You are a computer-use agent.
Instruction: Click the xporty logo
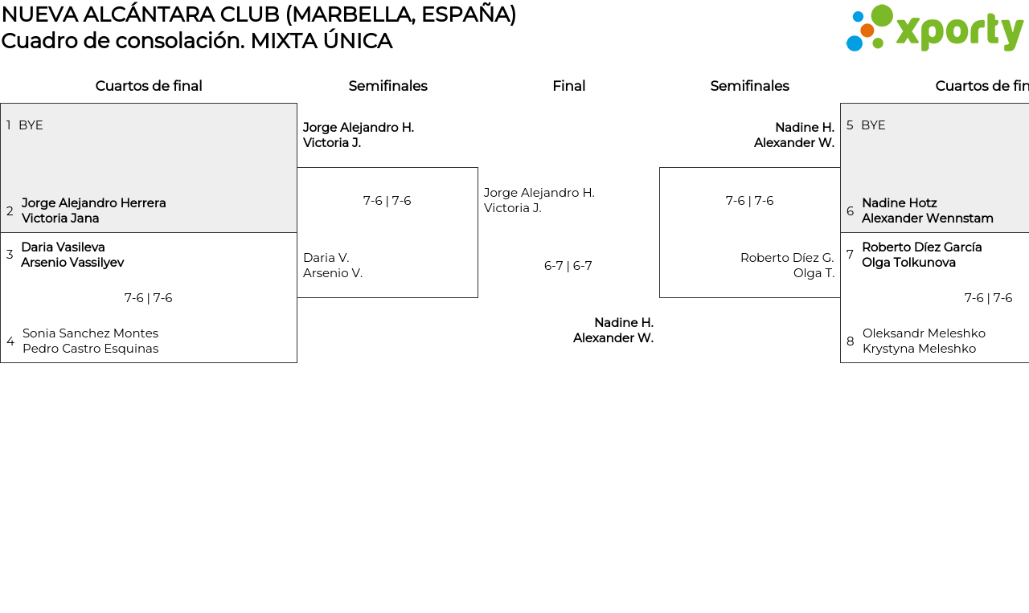[934, 28]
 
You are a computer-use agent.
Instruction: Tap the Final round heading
[568, 86]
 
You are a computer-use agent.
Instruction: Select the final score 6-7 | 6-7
[568, 266]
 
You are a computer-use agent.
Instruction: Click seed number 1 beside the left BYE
[8, 125]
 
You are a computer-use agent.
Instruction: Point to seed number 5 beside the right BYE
[850, 125]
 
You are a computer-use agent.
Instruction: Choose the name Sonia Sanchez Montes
[90, 333]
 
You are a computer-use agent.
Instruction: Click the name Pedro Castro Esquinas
[90, 349]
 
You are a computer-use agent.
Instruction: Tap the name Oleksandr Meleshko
[924, 333]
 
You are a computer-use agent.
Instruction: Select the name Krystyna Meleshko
[919, 349]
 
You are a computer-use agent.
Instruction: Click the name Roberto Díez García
[921, 247]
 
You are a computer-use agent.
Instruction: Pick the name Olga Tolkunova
[908, 262]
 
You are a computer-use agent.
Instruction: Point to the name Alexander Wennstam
[927, 218]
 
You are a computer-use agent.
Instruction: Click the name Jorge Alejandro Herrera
[94, 203]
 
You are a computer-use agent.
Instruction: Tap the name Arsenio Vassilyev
[72, 262]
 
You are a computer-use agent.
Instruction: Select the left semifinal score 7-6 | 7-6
[387, 201]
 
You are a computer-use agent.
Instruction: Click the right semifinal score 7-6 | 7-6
[749, 201]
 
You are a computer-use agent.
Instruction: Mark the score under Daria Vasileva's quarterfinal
[148, 298]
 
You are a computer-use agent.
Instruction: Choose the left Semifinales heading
[387, 86]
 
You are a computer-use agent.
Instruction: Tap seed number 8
[850, 341]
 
